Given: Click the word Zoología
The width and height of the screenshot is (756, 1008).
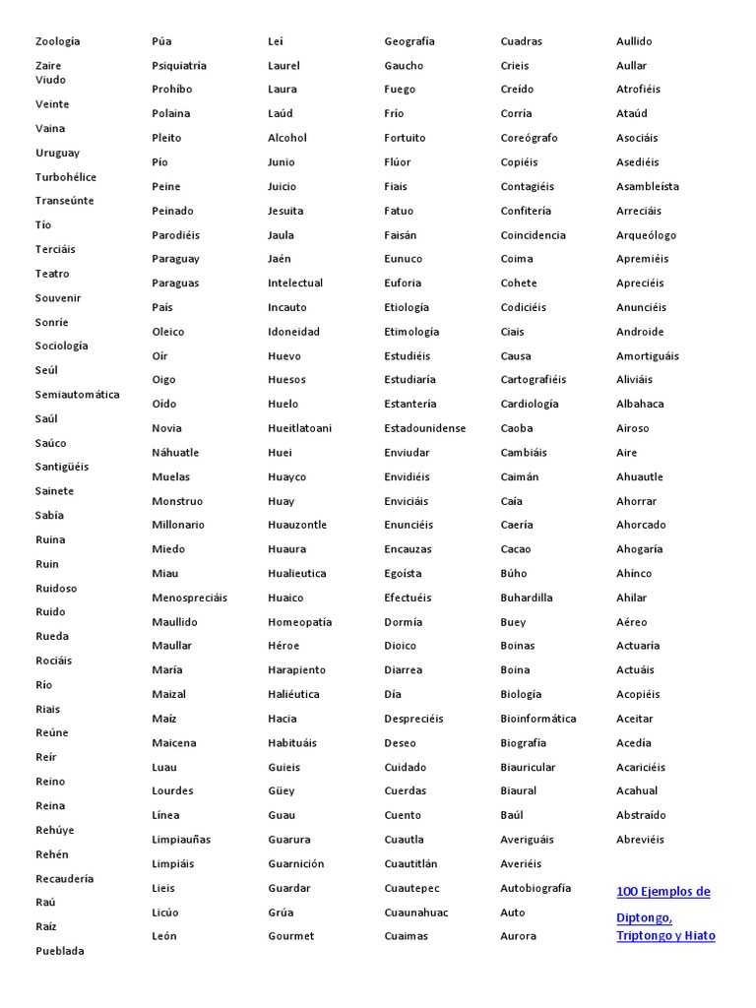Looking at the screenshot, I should (58, 41).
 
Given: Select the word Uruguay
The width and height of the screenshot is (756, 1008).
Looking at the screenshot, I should (58, 153).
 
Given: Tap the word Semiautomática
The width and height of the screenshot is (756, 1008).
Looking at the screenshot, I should (78, 395).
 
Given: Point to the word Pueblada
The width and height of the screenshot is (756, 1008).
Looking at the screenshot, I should (60, 951).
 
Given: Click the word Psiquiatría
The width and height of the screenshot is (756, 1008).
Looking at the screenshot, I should (179, 66).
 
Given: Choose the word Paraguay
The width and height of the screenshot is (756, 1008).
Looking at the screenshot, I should (175, 259).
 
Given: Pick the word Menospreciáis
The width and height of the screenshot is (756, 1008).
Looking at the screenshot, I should (189, 598).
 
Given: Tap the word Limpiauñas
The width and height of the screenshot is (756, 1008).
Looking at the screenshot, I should (181, 840).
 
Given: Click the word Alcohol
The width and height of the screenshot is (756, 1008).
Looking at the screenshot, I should (287, 138).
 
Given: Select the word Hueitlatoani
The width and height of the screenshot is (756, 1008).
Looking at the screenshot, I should (300, 428).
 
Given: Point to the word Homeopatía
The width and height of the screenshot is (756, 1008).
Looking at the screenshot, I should (300, 622).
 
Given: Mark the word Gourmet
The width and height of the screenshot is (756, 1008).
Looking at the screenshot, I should (291, 936).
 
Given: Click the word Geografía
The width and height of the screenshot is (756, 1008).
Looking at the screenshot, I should (409, 41).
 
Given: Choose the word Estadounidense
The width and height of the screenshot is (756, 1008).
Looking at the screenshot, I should (425, 428).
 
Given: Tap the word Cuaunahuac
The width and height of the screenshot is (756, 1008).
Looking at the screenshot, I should (416, 913).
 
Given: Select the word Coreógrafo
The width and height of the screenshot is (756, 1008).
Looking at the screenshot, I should (529, 138).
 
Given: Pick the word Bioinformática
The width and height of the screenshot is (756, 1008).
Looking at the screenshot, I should (538, 719).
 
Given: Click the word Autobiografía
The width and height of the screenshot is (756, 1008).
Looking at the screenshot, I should (535, 888).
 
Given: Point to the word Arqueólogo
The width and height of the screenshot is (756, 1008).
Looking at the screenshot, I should (647, 235).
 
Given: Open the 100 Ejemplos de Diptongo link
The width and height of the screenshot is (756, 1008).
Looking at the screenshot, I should (663, 892).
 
